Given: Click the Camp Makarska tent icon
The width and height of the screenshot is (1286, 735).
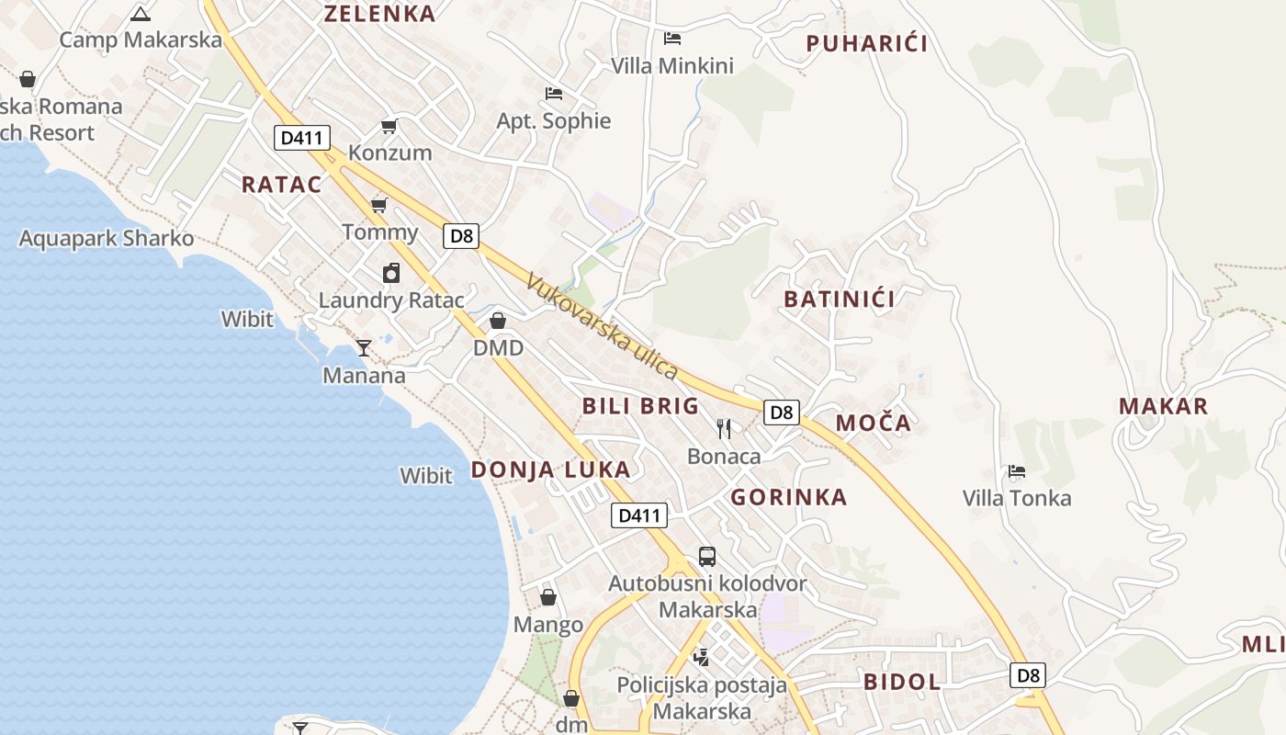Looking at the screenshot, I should (140, 13).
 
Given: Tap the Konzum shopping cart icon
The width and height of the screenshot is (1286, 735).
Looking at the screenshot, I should (389, 126).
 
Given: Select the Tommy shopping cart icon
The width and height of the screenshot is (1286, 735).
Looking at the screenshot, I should (378, 205).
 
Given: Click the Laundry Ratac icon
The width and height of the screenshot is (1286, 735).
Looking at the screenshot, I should (391, 273).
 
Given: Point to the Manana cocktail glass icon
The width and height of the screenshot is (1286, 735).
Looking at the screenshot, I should (364, 347).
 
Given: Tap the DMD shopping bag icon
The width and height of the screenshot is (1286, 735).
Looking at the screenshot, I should (498, 321).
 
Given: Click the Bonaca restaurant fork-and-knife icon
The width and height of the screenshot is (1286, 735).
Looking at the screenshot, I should (724, 428).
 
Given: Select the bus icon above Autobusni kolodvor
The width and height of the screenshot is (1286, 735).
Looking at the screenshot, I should (706, 556).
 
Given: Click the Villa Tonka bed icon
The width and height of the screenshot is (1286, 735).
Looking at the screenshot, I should (1016, 471).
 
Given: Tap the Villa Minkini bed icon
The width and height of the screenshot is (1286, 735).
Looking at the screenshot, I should (672, 38).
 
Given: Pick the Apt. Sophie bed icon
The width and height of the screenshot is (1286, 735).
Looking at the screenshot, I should (553, 93).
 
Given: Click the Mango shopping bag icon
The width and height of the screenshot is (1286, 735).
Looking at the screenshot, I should (548, 597).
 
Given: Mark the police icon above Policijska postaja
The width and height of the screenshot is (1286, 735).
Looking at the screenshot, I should (702, 657).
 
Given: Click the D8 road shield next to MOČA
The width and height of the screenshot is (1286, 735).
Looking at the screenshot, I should (781, 413).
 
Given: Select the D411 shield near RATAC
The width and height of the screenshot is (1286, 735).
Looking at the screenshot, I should (302, 139).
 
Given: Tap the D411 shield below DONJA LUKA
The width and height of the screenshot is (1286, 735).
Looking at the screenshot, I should (639, 515).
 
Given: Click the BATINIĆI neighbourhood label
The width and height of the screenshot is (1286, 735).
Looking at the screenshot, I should (839, 299).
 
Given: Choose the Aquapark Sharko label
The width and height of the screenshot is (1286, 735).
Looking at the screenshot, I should (107, 239).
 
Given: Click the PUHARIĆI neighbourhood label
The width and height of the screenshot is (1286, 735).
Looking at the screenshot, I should (866, 43).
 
